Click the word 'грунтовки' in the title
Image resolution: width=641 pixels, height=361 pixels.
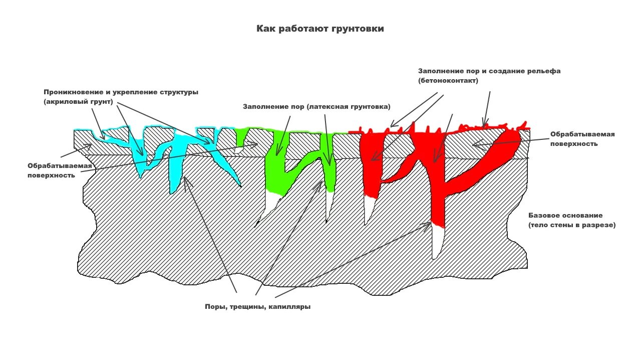click(358, 29)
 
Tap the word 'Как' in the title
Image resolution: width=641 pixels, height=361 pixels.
click(265, 29)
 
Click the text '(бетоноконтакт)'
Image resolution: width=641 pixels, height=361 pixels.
click(448, 80)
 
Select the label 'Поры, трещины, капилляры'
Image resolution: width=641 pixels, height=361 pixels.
click(257, 307)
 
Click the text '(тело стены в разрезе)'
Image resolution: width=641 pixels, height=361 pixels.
click(572, 225)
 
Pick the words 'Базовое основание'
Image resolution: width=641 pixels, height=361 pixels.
click(565, 215)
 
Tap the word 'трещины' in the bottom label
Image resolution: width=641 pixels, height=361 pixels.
click(248, 307)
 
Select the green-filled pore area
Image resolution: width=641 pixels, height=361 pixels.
click(274, 170)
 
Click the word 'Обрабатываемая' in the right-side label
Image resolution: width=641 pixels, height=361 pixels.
click(582, 134)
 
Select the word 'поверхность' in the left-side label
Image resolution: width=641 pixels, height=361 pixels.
click(51, 175)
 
